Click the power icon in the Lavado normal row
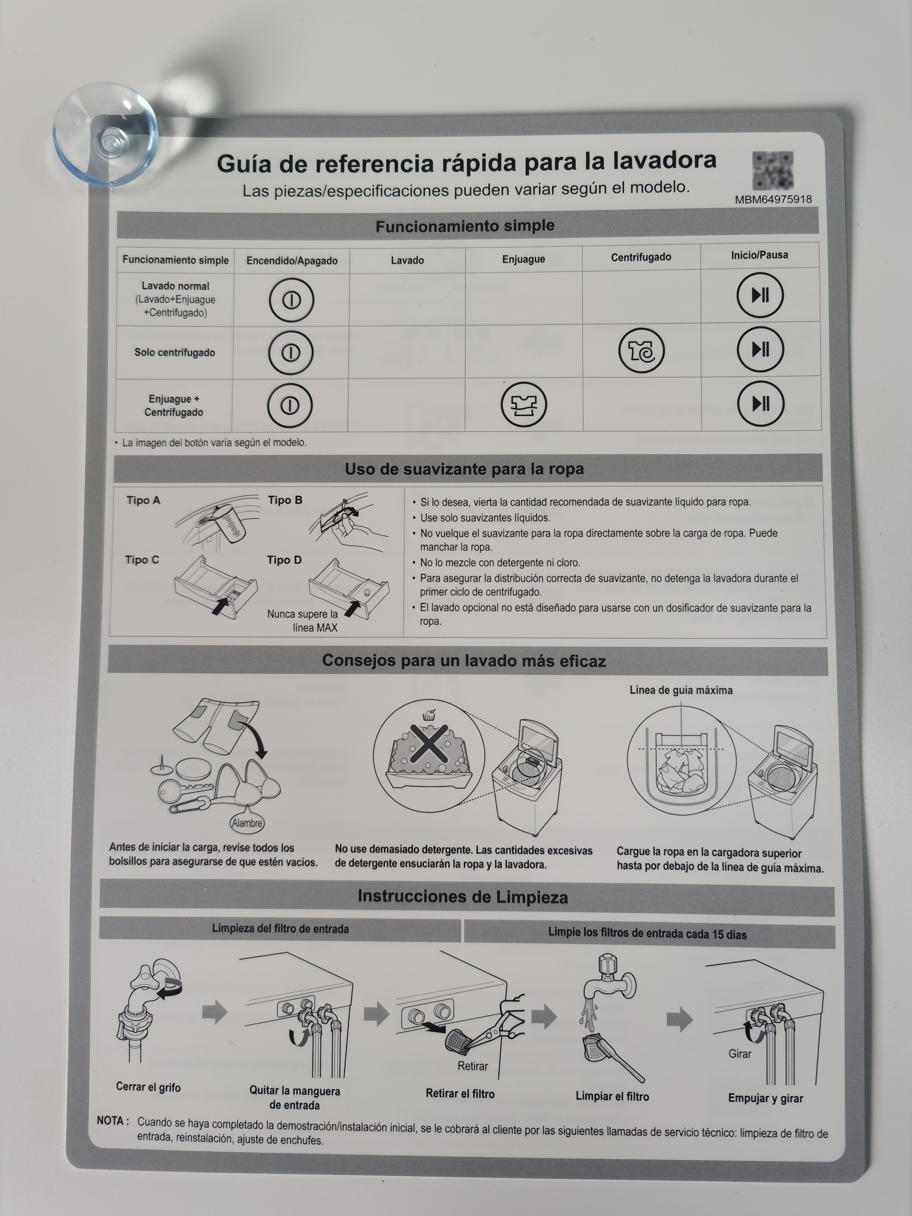click(x=291, y=300)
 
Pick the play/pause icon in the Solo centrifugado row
click(x=760, y=349)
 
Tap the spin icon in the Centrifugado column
click(x=642, y=350)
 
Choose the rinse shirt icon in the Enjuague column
click(x=524, y=405)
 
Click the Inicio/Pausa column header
click(x=759, y=255)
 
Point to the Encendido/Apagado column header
click(x=292, y=261)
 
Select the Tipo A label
click(x=143, y=500)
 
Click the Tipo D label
click(x=284, y=560)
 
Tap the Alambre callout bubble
click(x=247, y=823)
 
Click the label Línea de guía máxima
click(x=681, y=690)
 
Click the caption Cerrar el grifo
click(x=148, y=1087)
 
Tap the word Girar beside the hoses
click(x=740, y=1054)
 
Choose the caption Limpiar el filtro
click(x=612, y=1096)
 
